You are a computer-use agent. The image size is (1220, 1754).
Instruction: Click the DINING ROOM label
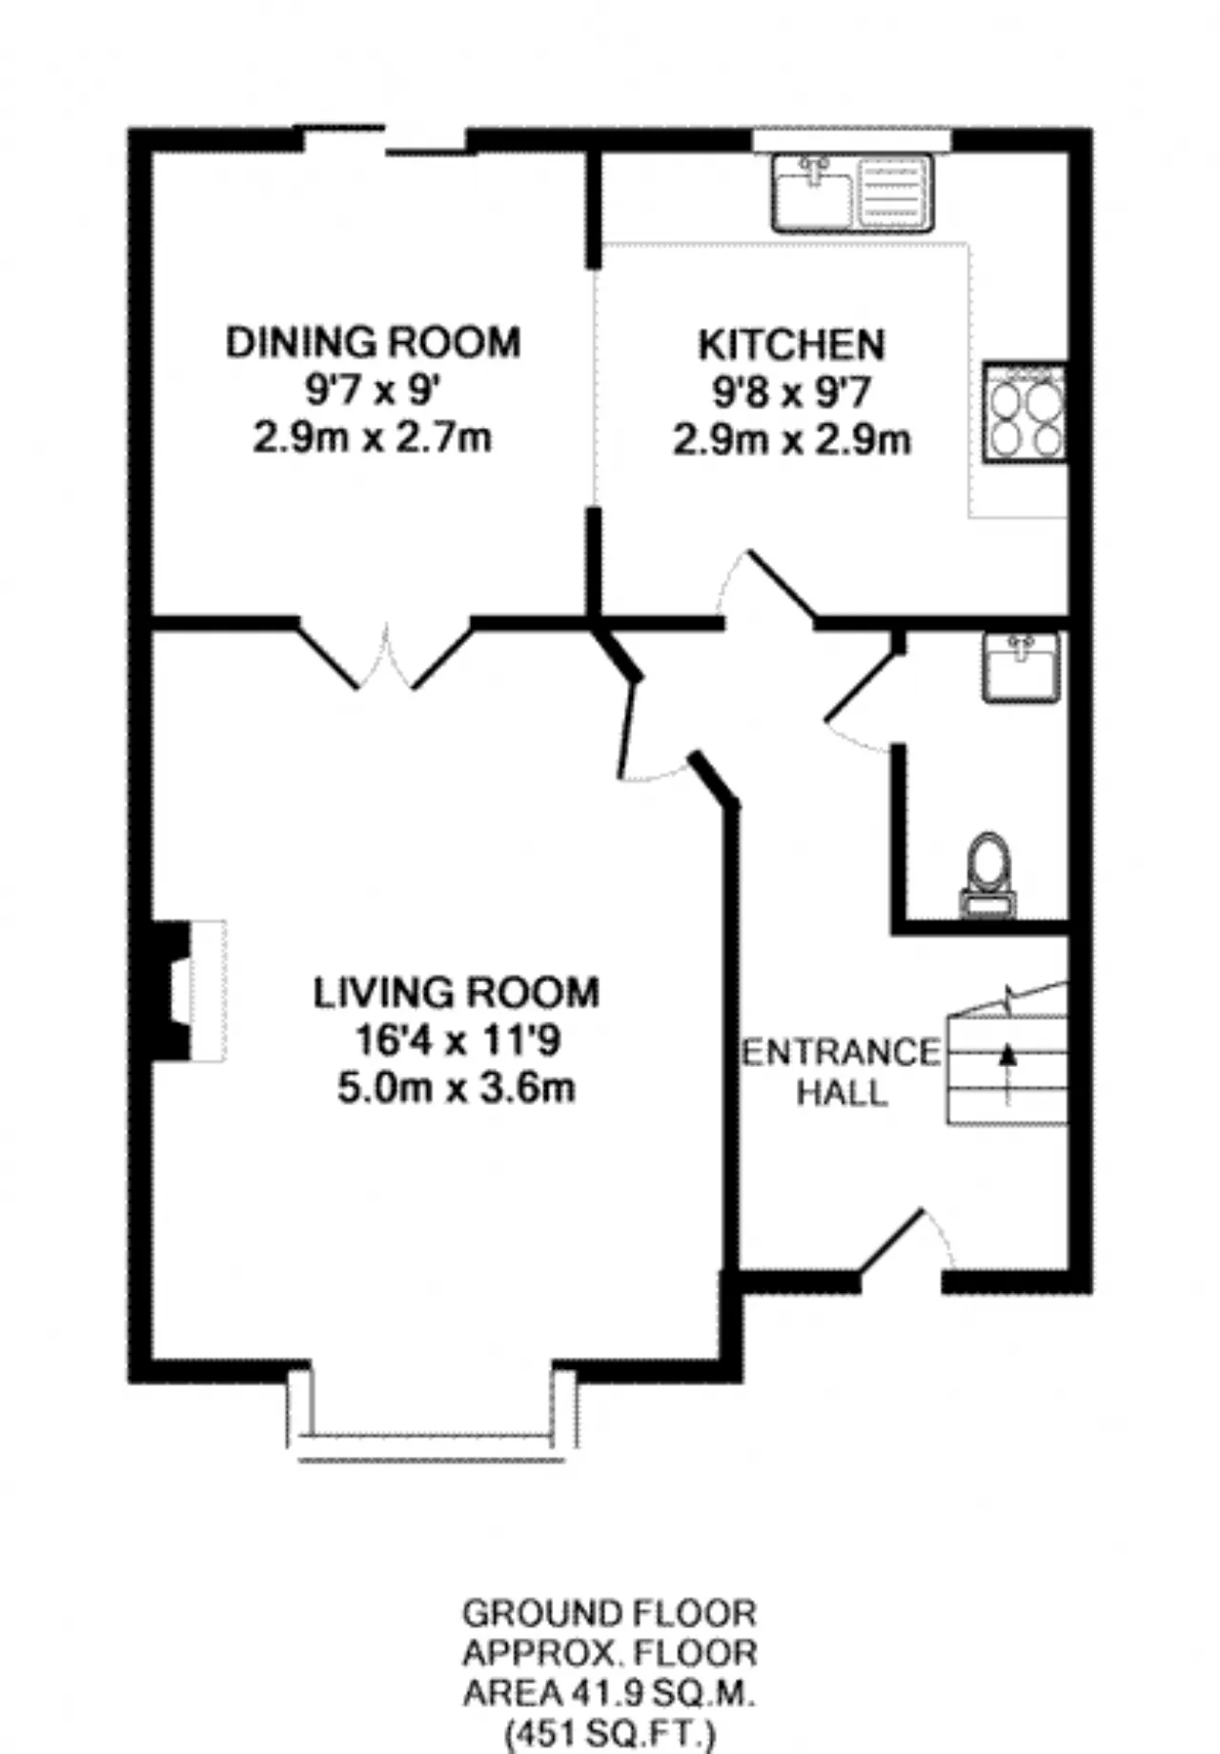pyautogui.click(x=373, y=342)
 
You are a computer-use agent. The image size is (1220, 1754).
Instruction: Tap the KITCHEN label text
pyautogui.click(x=791, y=345)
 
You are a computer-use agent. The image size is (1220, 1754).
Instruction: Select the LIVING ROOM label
pyautogui.click(x=457, y=993)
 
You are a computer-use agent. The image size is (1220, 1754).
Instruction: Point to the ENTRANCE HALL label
pyautogui.click(x=842, y=1072)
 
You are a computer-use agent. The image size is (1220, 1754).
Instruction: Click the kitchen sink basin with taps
pyautogui.click(x=813, y=193)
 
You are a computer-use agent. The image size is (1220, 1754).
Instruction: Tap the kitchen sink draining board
pyautogui.click(x=894, y=193)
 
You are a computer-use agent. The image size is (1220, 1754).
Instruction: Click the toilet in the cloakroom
pyautogui.click(x=988, y=876)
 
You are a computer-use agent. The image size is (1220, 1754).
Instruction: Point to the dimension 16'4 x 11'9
pyautogui.click(x=457, y=1040)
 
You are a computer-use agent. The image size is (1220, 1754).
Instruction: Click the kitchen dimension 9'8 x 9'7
pyautogui.click(x=792, y=393)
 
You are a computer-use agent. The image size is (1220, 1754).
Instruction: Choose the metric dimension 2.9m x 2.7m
pyautogui.click(x=373, y=438)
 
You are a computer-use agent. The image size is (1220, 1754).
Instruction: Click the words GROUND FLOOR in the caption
pyautogui.click(x=610, y=1614)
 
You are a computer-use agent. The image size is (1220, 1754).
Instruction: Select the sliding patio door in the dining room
pyautogui.click(x=385, y=139)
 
